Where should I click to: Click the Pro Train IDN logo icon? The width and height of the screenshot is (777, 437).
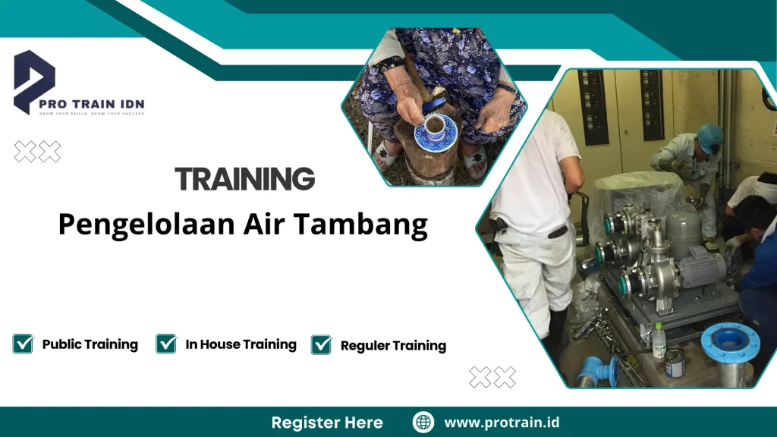tap(34, 80)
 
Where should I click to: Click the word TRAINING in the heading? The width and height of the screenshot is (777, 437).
tap(244, 179)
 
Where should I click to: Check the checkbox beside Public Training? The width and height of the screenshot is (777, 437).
tap(23, 344)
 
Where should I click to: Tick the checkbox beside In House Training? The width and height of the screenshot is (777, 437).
tap(166, 344)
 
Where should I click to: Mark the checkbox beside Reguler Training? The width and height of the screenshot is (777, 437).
tap(322, 345)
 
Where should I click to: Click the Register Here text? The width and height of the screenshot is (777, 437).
tap(327, 423)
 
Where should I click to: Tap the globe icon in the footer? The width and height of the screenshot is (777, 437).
tap(423, 422)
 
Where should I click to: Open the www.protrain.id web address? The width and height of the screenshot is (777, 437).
tap(502, 423)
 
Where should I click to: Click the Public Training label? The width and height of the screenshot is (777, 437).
tap(90, 344)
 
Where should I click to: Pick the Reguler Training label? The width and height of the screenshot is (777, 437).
tap(393, 346)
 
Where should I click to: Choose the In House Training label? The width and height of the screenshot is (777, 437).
tap(241, 344)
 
